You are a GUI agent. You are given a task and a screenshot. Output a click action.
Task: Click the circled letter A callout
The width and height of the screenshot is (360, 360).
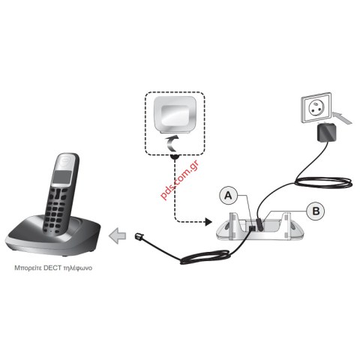pyautogui.click(x=228, y=195)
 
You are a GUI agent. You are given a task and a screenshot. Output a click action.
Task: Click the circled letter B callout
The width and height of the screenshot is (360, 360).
pyautogui.click(x=316, y=211)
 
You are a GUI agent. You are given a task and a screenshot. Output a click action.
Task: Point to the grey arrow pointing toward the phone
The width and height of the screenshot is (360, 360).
pyautogui.click(x=117, y=236)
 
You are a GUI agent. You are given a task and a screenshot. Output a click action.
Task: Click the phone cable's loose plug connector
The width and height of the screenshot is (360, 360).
pyautogui.click(x=139, y=236)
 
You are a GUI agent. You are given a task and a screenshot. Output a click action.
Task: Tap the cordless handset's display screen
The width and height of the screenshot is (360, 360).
pyautogui.click(x=61, y=177)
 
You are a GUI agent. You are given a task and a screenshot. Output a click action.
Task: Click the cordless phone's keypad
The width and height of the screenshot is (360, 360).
pyautogui.click(x=56, y=209)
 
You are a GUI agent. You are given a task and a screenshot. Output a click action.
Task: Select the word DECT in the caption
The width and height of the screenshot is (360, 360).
pyautogui.click(x=52, y=268)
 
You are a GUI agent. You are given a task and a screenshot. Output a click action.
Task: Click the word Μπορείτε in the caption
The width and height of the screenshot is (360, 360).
pyautogui.click(x=28, y=268)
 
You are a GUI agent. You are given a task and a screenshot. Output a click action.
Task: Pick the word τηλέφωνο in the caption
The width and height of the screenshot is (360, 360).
pyautogui.click(x=78, y=268)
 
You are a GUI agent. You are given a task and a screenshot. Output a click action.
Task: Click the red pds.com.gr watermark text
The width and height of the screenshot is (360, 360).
pyautogui.click(x=179, y=180)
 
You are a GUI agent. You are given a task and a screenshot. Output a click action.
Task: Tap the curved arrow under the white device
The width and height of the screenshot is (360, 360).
pyautogui.click(x=172, y=143)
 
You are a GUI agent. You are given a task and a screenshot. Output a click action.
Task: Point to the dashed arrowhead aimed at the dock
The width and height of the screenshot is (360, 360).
pyautogui.click(x=208, y=221)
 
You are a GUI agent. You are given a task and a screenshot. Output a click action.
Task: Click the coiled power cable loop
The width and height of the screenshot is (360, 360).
pyautogui.click(x=324, y=182)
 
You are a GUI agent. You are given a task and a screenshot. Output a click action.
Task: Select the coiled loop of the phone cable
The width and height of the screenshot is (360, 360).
pyautogui.click(x=205, y=257)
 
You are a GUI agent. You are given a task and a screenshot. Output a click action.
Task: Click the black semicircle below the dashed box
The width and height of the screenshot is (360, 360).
pyautogui.click(x=175, y=157)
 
